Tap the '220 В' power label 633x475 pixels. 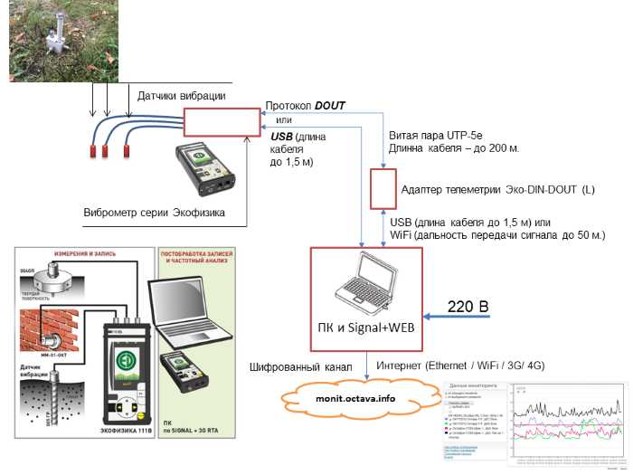tap(469, 309)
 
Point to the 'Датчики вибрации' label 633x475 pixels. tap(181, 96)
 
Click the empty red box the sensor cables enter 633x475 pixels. tap(220, 123)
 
